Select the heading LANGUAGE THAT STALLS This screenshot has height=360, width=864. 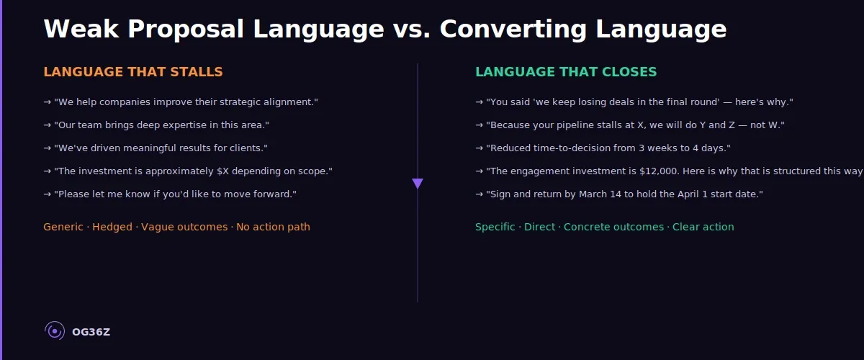coord(133,72)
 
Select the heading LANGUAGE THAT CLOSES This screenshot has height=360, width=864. coord(566,72)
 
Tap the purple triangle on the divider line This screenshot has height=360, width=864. coord(418,184)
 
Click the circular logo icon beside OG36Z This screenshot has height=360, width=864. coord(55,330)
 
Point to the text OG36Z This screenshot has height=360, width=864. coord(91,332)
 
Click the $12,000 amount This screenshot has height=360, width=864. coord(659,171)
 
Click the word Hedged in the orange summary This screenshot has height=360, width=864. coord(112,227)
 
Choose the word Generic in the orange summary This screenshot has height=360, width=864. coord(63,227)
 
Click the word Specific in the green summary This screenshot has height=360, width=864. coord(495,227)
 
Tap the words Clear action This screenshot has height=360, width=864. coord(703,227)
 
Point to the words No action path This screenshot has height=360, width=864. coord(273,227)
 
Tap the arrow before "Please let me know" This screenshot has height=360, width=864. coord(47,194)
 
